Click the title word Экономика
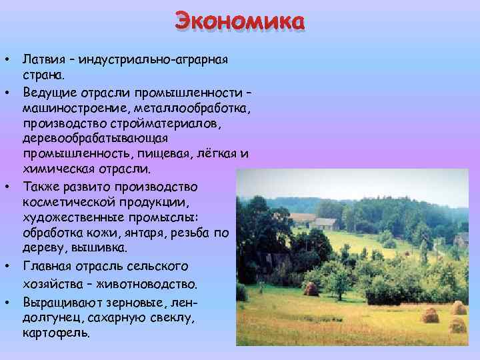click(240, 22)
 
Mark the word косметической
click(67, 201)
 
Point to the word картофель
click(55, 332)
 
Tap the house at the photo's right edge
click(462, 239)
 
